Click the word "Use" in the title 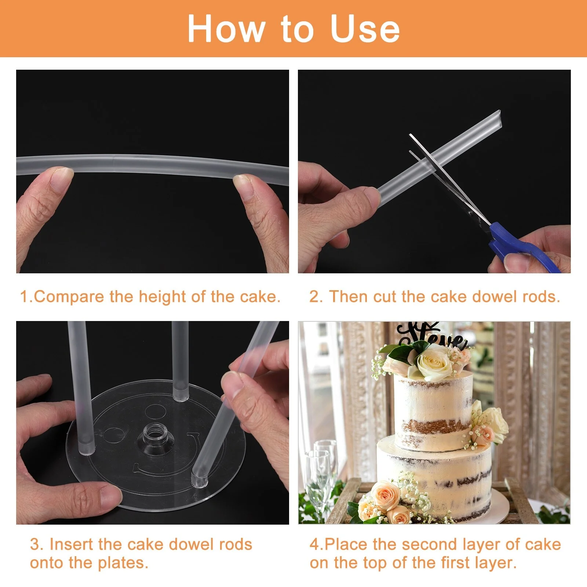click(x=365, y=29)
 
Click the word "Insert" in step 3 click(x=72, y=544)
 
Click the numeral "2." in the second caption click(x=316, y=296)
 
